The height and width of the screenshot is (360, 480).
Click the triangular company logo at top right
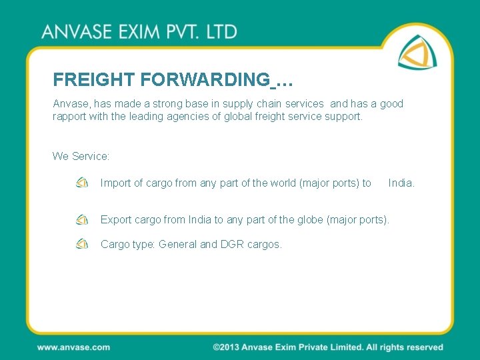(x=419, y=51)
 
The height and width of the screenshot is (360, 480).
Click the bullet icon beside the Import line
(x=82, y=183)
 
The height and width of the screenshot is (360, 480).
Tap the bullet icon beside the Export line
(x=82, y=219)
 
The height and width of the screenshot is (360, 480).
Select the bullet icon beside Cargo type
(x=82, y=243)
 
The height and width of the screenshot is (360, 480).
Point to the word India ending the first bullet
(x=401, y=183)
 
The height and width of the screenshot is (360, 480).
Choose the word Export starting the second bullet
(x=115, y=219)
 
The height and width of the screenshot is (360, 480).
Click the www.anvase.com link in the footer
(x=73, y=347)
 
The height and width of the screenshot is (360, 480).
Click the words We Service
(x=81, y=156)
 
